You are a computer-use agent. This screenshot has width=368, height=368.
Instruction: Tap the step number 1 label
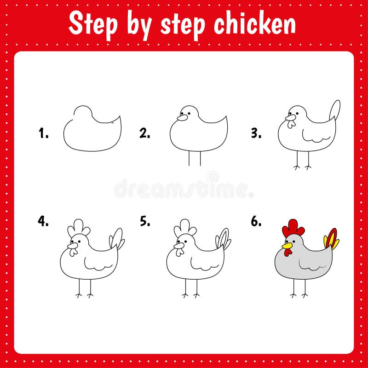43,134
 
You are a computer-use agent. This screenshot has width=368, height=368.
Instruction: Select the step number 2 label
145,134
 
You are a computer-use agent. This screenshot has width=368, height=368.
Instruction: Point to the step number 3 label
256,134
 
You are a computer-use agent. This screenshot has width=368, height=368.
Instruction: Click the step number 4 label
43,221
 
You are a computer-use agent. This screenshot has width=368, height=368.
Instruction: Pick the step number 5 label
145,221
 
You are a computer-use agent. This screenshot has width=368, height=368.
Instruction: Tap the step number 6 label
256,221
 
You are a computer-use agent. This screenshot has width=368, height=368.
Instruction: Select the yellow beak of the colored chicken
287,246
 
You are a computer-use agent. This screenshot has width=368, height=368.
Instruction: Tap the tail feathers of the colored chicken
331,239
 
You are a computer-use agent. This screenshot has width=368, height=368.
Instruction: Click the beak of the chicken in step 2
182,118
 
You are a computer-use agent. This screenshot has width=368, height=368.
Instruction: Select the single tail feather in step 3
335,110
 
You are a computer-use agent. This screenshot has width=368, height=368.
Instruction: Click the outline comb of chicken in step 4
78,227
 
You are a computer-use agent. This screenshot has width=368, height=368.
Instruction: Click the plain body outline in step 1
92,133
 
